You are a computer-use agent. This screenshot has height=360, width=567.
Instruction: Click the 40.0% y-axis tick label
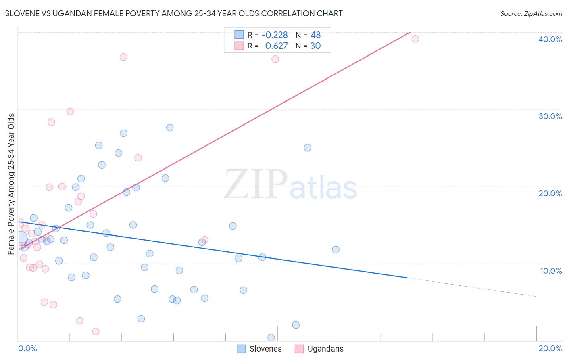click(x=550, y=39)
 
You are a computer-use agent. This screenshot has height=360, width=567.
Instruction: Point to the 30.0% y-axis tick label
click(x=550, y=116)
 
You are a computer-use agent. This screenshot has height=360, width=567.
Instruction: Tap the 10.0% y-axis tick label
click(x=550, y=271)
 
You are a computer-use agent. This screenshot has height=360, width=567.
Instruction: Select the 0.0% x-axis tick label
click(x=27, y=348)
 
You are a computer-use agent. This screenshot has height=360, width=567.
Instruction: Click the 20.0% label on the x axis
click(x=550, y=348)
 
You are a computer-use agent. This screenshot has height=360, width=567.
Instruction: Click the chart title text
click(x=174, y=13)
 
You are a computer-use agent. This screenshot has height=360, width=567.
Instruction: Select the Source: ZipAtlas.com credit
click(x=531, y=13)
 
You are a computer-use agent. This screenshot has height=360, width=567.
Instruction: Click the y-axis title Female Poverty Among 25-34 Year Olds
click(x=11, y=184)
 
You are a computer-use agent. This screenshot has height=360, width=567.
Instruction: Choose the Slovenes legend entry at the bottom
click(x=259, y=349)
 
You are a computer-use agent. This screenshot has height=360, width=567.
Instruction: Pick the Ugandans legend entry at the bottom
click(x=319, y=349)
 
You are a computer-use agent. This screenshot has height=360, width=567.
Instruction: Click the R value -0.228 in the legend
click(x=275, y=35)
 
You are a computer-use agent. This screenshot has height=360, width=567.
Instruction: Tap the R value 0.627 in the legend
click(x=276, y=46)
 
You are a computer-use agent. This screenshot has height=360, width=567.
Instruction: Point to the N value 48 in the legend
click(x=315, y=35)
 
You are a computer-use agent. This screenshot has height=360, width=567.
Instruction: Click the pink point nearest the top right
click(x=415, y=39)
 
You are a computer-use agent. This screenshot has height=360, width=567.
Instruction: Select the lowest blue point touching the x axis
click(x=271, y=337)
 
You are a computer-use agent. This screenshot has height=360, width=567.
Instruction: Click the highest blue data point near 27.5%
click(x=170, y=128)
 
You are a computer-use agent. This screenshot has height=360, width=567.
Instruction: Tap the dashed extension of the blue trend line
click(x=472, y=287)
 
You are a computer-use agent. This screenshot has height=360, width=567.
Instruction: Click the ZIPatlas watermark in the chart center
click(x=290, y=185)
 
